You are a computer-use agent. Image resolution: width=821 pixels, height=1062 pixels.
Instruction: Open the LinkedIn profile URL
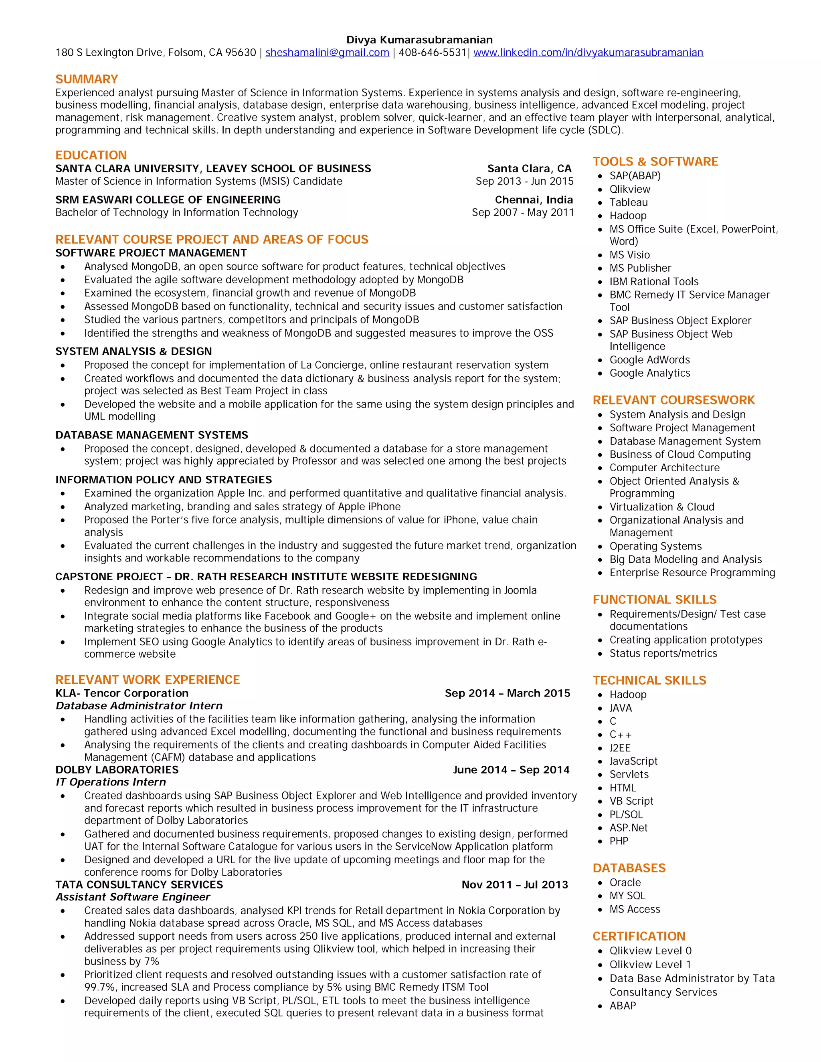pyautogui.click(x=588, y=52)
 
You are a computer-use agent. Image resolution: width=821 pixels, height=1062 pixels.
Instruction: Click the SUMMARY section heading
pyautogui.click(x=87, y=79)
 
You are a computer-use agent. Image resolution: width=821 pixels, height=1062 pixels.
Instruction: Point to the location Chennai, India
pyautogui.click(x=534, y=200)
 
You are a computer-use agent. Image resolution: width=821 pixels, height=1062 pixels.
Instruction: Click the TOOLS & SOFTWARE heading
pyautogui.click(x=655, y=162)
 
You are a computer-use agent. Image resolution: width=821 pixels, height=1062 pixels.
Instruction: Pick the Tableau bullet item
pyautogui.click(x=629, y=202)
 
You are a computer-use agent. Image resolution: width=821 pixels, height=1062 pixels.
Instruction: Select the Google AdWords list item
pyautogui.click(x=649, y=360)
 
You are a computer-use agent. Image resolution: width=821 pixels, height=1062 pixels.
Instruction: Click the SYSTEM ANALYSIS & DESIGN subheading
pyautogui.click(x=133, y=351)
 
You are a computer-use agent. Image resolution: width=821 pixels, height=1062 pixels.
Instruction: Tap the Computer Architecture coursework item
pyautogui.click(x=664, y=468)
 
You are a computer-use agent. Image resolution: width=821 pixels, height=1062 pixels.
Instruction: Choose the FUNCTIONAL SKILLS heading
pyautogui.click(x=654, y=600)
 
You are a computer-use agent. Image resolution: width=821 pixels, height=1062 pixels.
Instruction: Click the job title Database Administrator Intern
pyautogui.click(x=139, y=706)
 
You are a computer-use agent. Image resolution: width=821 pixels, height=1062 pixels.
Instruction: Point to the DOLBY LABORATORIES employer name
pyautogui.click(x=117, y=770)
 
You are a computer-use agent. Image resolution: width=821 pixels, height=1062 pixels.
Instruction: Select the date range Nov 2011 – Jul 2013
pyautogui.click(x=515, y=884)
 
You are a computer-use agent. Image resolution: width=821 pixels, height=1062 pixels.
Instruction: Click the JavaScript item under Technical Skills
pyautogui.click(x=633, y=761)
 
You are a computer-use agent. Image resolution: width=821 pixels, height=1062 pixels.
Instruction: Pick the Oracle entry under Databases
pyautogui.click(x=625, y=882)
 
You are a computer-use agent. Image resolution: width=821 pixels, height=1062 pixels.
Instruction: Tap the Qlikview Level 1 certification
pyautogui.click(x=650, y=964)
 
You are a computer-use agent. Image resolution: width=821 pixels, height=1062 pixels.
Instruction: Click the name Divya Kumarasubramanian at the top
pyautogui.click(x=419, y=40)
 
